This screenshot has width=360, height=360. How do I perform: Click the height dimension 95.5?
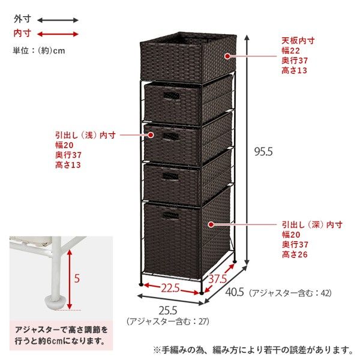(x=263, y=152)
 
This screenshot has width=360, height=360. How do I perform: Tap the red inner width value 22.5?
(x=170, y=287)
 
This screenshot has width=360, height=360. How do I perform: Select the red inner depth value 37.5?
(x=217, y=278)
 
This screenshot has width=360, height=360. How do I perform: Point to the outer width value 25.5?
(x=168, y=310)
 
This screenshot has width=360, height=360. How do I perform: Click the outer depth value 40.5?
(x=235, y=292)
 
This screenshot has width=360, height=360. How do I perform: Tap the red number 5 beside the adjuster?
(x=77, y=278)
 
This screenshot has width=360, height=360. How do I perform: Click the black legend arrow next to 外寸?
(x=58, y=20)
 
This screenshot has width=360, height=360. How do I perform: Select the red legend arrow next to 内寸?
(x=58, y=34)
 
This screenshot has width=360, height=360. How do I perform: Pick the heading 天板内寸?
(x=298, y=41)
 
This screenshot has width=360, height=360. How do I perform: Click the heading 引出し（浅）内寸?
(x=85, y=135)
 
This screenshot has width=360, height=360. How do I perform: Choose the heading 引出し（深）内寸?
(x=312, y=224)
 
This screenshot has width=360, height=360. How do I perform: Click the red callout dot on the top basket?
(x=227, y=56)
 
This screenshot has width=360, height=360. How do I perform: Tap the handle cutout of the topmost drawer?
(x=171, y=96)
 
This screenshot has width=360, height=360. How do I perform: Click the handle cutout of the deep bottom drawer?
(x=170, y=215)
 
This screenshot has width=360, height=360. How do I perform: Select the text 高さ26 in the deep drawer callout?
(x=295, y=254)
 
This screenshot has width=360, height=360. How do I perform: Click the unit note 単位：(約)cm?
(x=39, y=50)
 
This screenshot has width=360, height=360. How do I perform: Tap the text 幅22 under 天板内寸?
(x=290, y=50)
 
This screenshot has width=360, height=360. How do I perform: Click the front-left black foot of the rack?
(x=141, y=284)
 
